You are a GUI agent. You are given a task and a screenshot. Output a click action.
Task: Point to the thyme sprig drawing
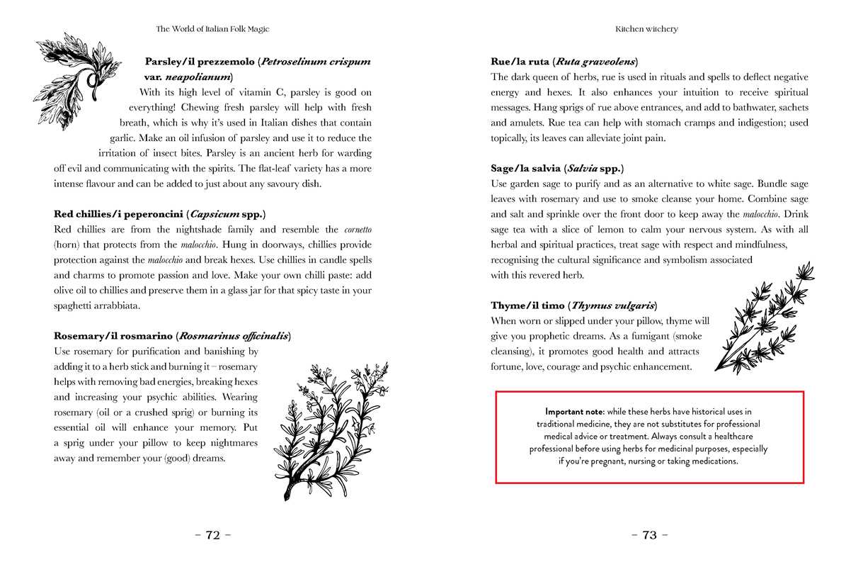click(x=765, y=318)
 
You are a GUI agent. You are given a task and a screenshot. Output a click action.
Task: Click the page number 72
click(x=212, y=536)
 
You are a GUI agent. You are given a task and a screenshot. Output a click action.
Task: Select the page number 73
click(x=649, y=536)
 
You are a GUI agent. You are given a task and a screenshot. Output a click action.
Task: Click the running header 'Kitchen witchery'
click(x=646, y=29)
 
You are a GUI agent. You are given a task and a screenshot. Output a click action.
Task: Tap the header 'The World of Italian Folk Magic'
click(x=212, y=29)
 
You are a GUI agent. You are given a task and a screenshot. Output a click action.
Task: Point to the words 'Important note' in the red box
click(x=574, y=411)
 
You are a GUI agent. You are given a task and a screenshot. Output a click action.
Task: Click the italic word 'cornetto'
click(x=358, y=230)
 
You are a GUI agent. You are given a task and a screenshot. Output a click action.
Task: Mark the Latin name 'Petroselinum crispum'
click(x=316, y=62)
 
